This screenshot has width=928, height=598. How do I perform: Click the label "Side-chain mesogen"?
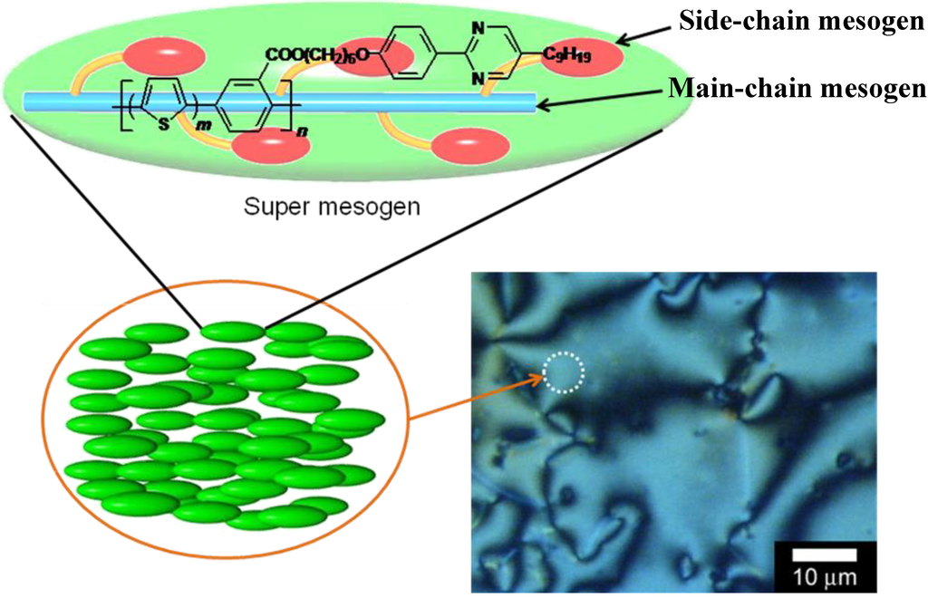click(801, 22)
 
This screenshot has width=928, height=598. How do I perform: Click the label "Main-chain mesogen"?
click(797, 88)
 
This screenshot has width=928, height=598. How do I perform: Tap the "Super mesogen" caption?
click(332, 207)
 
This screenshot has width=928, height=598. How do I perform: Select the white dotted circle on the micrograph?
click(564, 372)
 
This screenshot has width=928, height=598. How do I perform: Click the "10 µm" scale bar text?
click(825, 575)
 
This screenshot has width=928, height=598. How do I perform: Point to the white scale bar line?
click(825, 555)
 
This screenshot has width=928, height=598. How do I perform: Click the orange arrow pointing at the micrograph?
click(477, 396)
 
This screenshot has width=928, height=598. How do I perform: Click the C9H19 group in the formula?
click(567, 55)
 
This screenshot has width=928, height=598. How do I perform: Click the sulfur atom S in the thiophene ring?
click(164, 123)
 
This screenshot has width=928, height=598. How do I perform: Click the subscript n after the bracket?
click(303, 132)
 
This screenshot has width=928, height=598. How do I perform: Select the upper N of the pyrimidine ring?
click(478, 26)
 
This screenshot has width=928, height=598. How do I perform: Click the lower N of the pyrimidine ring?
click(478, 79)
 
